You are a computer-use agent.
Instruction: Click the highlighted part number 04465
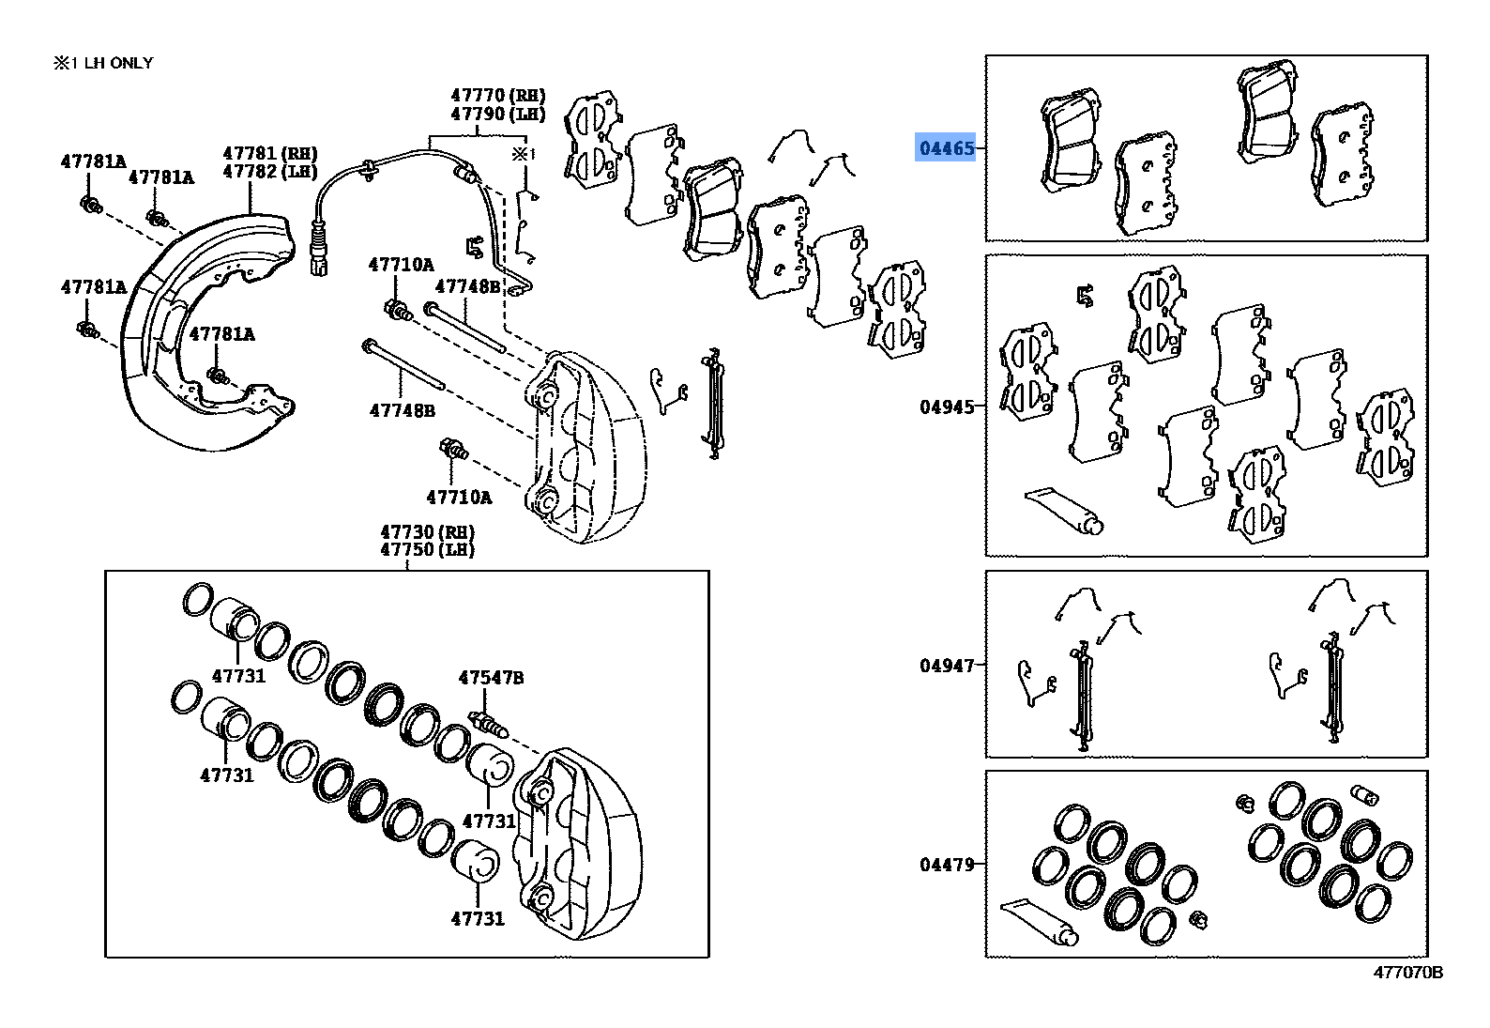946,148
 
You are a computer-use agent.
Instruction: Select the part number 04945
946,407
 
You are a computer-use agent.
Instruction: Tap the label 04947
946,666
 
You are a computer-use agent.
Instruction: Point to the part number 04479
946,865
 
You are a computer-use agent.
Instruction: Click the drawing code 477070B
1407,973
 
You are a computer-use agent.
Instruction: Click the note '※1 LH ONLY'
102,63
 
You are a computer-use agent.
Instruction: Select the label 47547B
491,678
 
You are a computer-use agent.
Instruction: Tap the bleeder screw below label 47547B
487,725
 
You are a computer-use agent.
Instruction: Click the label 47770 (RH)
497,95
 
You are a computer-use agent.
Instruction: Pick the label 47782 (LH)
269,172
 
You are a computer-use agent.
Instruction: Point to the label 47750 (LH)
427,550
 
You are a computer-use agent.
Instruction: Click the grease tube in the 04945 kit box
1064,510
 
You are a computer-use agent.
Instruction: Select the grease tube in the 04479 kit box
1039,922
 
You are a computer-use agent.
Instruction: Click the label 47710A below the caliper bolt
458,498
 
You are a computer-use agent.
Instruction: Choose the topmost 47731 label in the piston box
238,676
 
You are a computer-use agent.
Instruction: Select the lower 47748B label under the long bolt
402,410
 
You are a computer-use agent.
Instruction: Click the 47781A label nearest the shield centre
221,334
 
